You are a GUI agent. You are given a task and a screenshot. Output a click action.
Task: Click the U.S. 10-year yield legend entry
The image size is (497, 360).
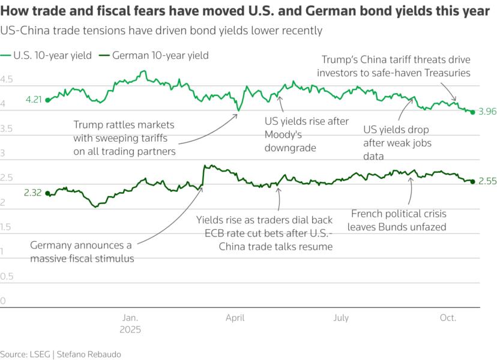click(x=52, y=55)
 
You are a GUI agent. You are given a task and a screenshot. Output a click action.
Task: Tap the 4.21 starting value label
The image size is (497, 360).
click(x=34, y=100)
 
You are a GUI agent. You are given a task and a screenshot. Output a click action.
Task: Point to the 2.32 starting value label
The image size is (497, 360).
click(x=34, y=193)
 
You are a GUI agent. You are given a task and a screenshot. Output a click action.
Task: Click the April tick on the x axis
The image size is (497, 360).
click(x=235, y=318)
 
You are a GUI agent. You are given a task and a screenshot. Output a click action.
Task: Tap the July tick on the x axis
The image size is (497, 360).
click(x=341, y=318)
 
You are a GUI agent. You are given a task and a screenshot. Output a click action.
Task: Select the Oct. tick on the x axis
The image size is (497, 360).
click(x=448, y=318)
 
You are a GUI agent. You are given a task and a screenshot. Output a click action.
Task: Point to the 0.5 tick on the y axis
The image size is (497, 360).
click(x=7, y=277)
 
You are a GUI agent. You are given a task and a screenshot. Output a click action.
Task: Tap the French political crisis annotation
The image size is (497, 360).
click(x=399, y=220)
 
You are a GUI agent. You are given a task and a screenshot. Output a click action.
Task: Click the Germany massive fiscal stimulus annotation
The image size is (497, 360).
click(x=82, y=251)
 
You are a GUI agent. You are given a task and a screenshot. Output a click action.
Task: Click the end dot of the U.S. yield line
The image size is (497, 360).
click(x=473, y=112)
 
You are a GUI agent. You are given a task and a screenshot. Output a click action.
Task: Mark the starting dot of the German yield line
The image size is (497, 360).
click(x=47, y=193)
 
